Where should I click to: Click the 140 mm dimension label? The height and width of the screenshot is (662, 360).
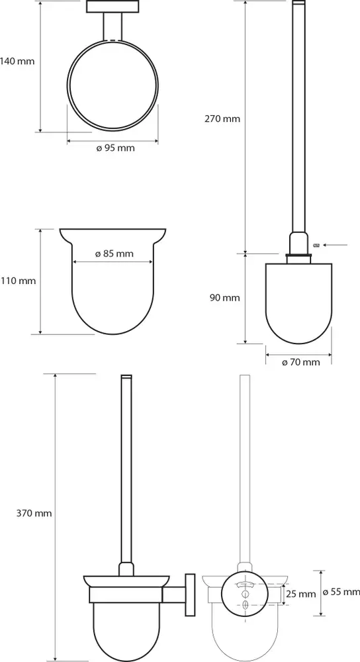click(x=17, y=61)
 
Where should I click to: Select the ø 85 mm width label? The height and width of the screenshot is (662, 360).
click(x=114, y=254)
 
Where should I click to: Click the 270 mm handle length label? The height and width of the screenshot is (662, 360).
click(x=222, y=118)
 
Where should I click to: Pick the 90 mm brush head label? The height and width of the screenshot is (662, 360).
click(x=224, y=298)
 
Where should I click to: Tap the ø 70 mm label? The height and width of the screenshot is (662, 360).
click(x=300, y=362)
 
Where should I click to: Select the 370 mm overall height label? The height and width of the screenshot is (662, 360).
click(x=34, y=514)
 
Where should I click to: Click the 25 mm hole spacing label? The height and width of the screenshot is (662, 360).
click(x=301, y=594)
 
